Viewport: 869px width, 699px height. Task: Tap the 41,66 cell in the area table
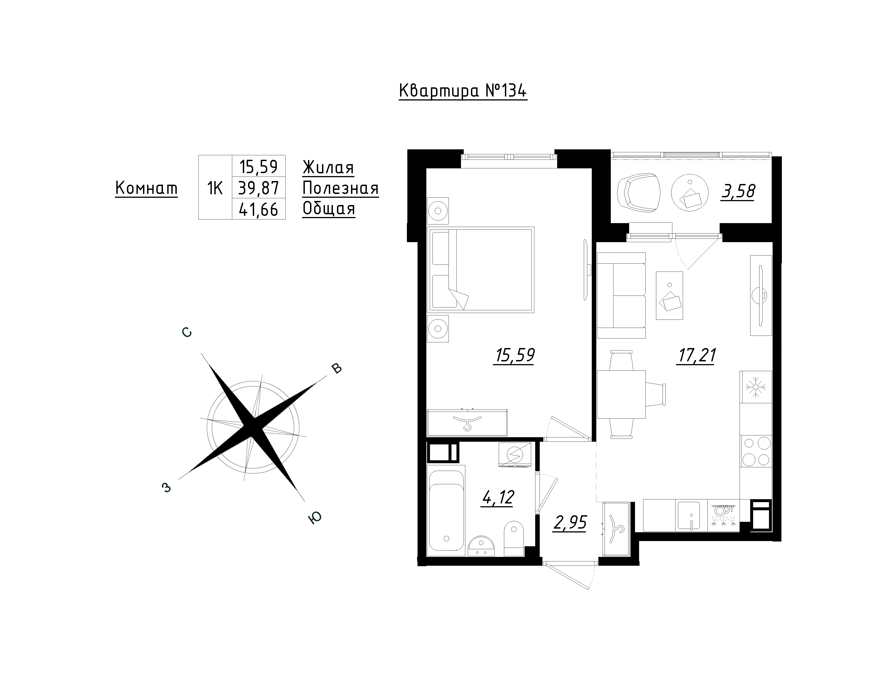click(258, 209)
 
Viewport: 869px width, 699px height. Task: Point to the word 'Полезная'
click(341, 188)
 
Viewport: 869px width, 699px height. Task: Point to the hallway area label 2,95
click(570, 523)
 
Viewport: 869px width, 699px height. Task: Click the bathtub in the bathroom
click(446, 508)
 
